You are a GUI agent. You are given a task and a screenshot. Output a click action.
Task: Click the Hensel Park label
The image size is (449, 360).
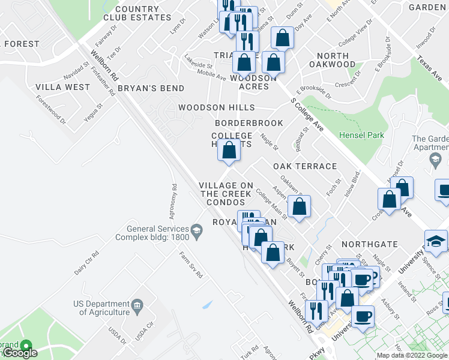pos(361,135)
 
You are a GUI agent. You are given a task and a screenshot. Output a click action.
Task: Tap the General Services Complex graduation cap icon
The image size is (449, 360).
pos(196,230)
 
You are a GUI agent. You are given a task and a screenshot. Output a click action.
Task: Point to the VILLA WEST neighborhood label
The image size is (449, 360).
pos(62,87)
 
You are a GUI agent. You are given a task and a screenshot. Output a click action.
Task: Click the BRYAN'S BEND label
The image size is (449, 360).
pos(142,88)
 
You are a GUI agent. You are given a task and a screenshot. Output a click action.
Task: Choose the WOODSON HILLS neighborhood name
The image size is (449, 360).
pos(216,108)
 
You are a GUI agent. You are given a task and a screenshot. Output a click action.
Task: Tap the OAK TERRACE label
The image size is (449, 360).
pos(304,166)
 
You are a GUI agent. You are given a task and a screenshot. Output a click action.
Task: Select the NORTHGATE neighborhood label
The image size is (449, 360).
pos(369,244)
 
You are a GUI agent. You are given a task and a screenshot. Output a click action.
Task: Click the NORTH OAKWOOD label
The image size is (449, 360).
pos(332,60)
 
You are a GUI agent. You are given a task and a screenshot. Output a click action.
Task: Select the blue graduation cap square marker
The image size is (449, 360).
pos(436,241)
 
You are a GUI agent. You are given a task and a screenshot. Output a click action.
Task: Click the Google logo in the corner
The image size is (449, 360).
pos(20,353)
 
